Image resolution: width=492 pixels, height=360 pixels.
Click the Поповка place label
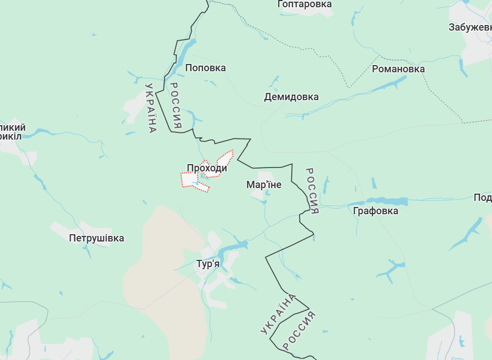tap(205, 68)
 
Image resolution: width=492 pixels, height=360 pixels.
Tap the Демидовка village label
tap(291, 97)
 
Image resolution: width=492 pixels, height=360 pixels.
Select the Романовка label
tap(398, 69)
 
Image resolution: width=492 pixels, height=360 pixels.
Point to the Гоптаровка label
tap(304, 4)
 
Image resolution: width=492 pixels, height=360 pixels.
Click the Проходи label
tap(207, 168)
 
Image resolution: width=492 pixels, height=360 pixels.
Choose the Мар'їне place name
tap(264, 185)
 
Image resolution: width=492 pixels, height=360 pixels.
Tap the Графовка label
tap(375, 211)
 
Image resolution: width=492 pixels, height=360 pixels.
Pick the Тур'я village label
tap(208, 264)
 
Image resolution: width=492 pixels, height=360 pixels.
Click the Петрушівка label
tap(96, 238)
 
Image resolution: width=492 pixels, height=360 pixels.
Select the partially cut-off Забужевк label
tap(470, 27)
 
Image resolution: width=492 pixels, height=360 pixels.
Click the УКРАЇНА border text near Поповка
tap(151, 108)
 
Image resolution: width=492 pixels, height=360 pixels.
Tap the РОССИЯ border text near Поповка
tap(176, 106)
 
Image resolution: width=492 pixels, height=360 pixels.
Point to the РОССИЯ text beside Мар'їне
tap(312, 191)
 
